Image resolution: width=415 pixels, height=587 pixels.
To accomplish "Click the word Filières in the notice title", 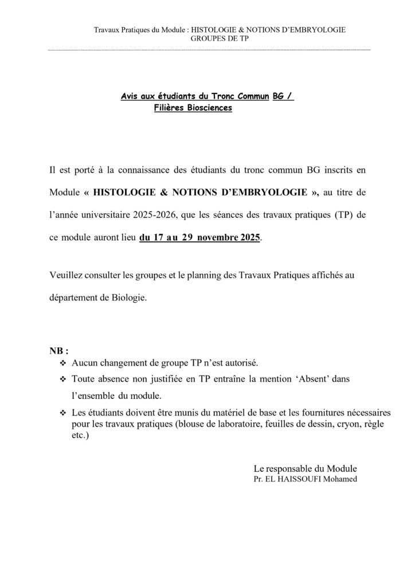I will click(x=170, y=107).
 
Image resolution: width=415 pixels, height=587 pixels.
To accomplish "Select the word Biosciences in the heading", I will click(x=209, y=107).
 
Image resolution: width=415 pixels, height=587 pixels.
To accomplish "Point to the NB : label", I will click(x=59, y=351).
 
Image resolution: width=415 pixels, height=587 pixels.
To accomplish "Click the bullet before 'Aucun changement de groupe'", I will click(x=63, y=363).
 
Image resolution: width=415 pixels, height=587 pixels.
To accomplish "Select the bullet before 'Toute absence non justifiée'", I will click(x=63, y=379).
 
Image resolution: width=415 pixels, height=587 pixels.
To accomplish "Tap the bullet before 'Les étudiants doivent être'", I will click(x=63, y=413).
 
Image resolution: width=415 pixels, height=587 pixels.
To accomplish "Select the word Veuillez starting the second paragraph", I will click(x=66, y=276).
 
